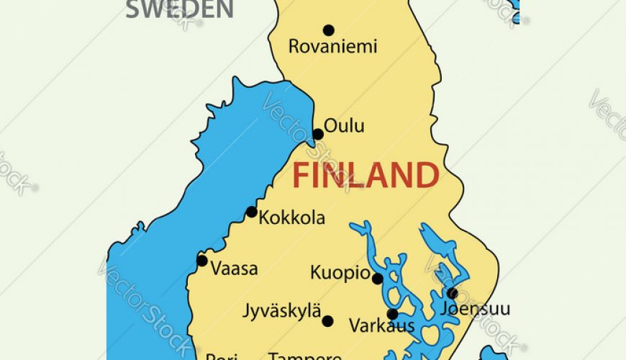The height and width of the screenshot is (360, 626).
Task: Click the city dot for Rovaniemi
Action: click(x=329, y=30)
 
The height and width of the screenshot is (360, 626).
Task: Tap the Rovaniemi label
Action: click(x=332, y=48)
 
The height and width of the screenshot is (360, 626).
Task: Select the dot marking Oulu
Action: click(x=318, y=134)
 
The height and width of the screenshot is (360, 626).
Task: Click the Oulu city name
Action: click(x=344, y=126)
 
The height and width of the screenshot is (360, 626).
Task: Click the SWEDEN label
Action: click(x=180, y=9)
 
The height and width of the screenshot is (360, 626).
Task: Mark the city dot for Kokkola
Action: click(x=251, y=212)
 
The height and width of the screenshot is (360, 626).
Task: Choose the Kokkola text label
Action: click(x=291, y=217)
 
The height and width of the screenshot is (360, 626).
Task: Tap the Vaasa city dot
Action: click(x=202, y=261)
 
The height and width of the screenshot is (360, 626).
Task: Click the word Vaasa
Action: click(x=234, y=269)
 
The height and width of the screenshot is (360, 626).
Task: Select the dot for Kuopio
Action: click(x=377, y=278)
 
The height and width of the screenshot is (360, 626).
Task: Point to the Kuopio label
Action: click(x=340, y=274)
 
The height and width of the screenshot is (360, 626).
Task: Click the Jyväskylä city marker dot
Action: click(x=328, y=321)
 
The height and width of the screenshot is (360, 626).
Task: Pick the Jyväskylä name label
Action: click(x=282, y=312)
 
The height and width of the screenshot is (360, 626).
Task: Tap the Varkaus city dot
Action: click(x=393, y=314)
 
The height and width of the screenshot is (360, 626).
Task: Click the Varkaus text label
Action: click(x=381, y=326)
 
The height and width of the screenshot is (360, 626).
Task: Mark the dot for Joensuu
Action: click(x=452, y=293)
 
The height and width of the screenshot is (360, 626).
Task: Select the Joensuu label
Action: click(x=475, y=310)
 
